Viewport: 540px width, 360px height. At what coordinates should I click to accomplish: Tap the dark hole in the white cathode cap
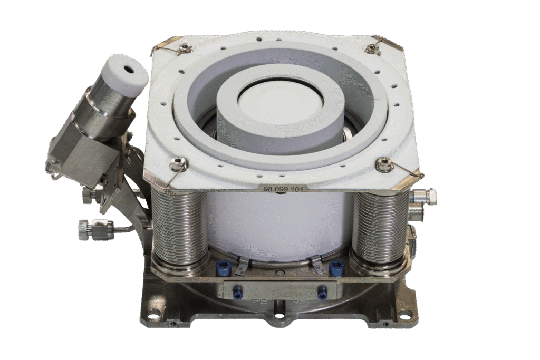(131, 69)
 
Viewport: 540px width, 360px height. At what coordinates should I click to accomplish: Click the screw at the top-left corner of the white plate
(185, 46)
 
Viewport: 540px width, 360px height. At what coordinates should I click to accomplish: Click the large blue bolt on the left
(223, 268)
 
